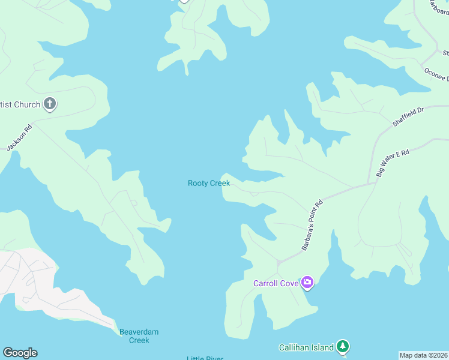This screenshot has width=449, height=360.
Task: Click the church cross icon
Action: pos(50,104)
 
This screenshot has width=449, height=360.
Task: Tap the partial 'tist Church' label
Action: pos(20,105)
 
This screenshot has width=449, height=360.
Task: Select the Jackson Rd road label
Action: pos(19,137)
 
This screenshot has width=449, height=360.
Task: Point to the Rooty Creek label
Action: pos(209,183)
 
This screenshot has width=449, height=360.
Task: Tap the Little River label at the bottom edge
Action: pos(205,358)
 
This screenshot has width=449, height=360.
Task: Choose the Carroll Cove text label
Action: pos(276,283)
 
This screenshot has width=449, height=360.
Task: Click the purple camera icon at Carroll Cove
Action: pos(307,282)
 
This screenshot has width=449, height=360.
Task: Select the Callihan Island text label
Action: pos(306,347)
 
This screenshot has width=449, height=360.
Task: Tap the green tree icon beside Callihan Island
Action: pos(342,346)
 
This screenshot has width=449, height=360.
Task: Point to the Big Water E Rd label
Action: pos(393,163)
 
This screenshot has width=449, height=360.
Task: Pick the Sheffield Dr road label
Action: pos(408,117)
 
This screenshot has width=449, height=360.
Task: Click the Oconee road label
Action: pos(436,75)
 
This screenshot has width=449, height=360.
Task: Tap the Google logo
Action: pos(20,353)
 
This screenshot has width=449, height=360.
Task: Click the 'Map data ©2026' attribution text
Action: pos(423,355)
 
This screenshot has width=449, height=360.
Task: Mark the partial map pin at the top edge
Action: pos(184,1)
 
